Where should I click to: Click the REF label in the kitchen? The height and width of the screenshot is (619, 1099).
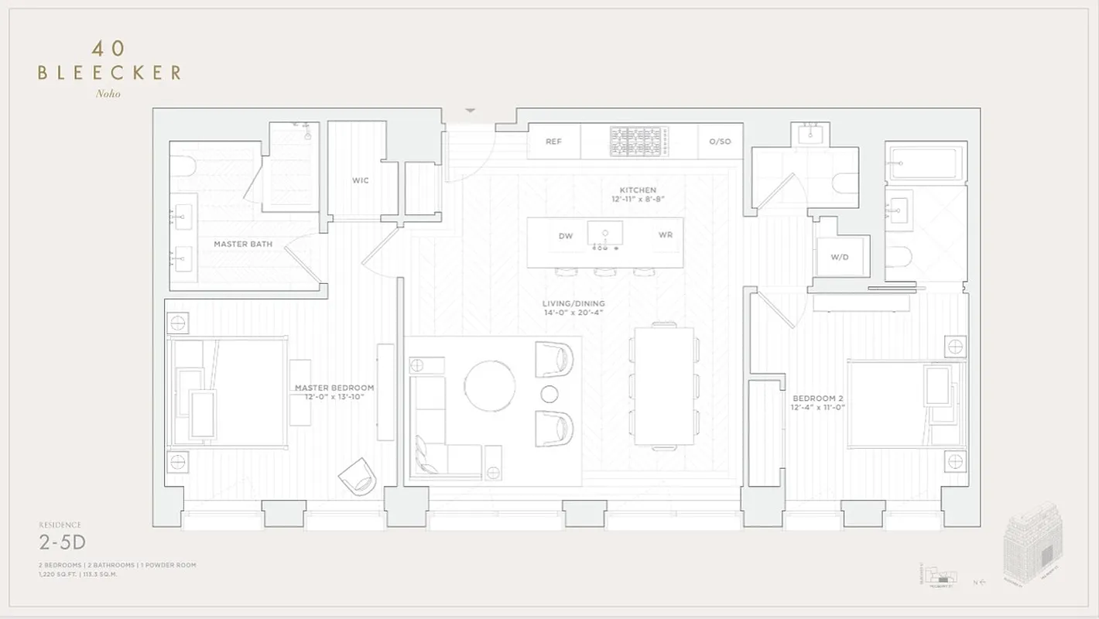click(553, 142)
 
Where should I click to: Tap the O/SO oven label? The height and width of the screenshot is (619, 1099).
click(720, 142)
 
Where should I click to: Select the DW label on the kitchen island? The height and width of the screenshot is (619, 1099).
click(566, 236)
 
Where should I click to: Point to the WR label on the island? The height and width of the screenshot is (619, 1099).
click(666, 235)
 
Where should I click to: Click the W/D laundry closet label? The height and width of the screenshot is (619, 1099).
click(840, 257)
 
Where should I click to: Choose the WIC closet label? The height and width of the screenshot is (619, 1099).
click(361, 180)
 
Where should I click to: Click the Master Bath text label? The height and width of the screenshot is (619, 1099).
click(243, 245)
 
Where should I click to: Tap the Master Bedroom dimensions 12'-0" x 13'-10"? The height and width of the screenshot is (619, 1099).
click(334, 397)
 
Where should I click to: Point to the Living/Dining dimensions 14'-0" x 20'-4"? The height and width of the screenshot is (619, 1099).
click(573, 313)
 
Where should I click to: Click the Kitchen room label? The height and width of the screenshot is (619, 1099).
click(638, 190)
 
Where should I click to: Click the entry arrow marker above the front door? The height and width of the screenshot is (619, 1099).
click(471, 111)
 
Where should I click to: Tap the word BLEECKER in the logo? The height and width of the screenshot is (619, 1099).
click(109, 73)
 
